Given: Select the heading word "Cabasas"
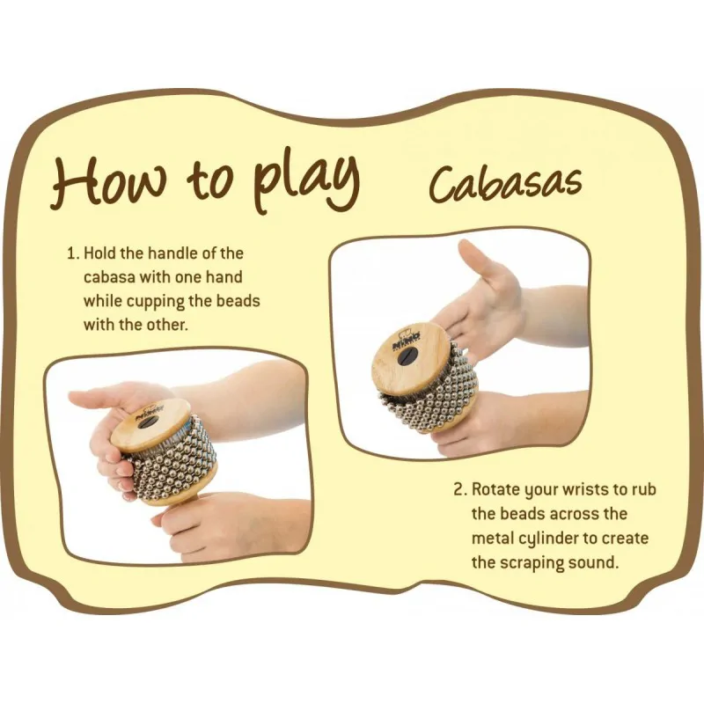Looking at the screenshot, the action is [x=505, y=185].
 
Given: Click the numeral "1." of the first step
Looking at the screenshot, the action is [x=73, y=253].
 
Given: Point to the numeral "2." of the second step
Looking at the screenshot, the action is [x=460, y=489].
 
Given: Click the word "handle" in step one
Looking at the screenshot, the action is [x=172, y=253].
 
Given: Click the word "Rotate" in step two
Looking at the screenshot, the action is [x=496, y=489].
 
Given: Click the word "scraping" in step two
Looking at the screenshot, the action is [x=531, y=563].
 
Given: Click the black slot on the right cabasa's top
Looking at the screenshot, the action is [x=407, y=356].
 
